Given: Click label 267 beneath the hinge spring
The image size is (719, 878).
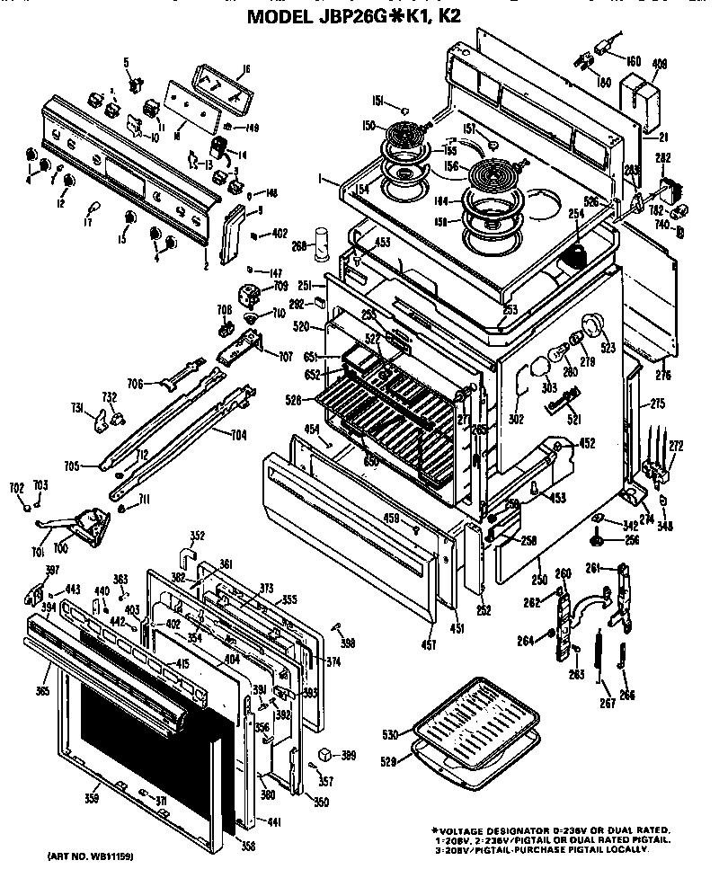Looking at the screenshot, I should click(608, 703).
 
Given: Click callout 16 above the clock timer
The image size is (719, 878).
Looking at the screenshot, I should click(245, 69).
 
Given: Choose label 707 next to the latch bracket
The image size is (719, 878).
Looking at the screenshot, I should click(285, 358).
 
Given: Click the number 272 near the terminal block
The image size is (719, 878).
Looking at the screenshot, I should click(676, 446).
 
